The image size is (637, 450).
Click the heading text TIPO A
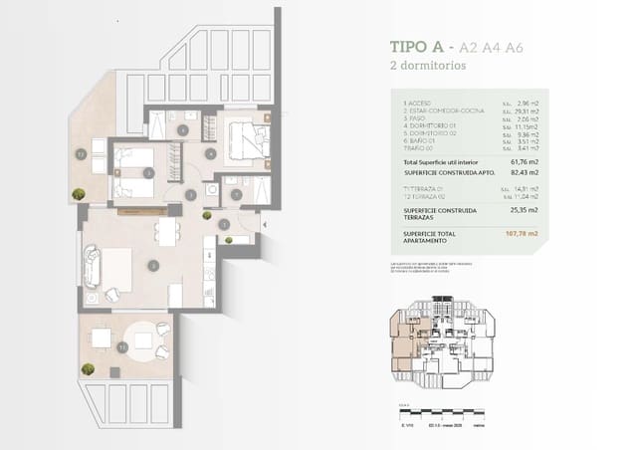click(419, 47)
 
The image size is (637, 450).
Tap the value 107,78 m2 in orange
click(523, 234)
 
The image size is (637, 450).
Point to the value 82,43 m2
click(524, 172)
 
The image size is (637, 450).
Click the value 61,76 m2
click(524, 160)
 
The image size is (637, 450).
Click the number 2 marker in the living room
click(150, 265)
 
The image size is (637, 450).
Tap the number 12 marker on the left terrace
click(80, 154)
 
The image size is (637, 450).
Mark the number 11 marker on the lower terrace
click(121, 347)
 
